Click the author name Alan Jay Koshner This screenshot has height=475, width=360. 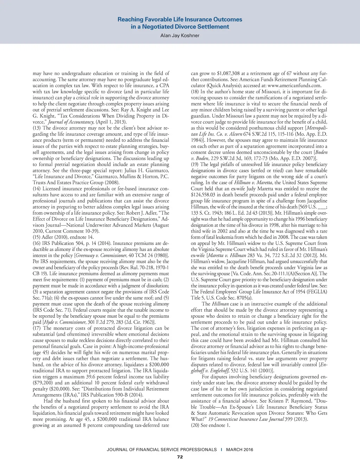[180, 36]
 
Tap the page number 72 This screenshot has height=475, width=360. [180, 457]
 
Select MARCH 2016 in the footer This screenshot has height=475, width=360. [239, 450]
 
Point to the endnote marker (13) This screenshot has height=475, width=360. [37, 128]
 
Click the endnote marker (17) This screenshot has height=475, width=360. [37, 328]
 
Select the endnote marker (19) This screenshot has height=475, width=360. [195, 164]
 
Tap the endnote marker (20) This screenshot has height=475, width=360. [195, 425]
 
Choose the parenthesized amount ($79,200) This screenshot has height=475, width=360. [43, 383]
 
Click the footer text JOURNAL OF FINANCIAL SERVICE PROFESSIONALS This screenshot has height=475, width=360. [162, 450]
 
